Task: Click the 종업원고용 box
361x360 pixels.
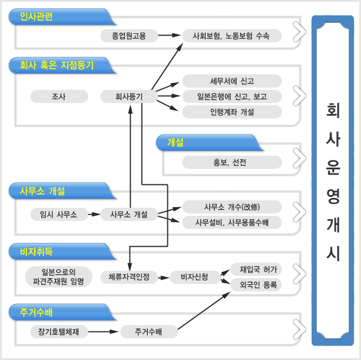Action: pos(129,35)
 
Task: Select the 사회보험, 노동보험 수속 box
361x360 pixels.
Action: pos(232,35)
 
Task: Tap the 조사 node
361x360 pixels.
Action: pos(59,96)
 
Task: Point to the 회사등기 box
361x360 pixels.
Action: pos(129,96)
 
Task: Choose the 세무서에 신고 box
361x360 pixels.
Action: pos(232,81)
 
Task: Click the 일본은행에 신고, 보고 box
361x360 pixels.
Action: pos(232,96)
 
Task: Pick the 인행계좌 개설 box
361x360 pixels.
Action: pos(232,112)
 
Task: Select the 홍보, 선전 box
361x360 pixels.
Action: pos(232,163)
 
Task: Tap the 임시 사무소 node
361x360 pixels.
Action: pos(59,214)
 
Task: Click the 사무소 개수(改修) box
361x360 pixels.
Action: pos(232,207)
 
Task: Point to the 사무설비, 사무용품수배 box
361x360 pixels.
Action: pos(232,222)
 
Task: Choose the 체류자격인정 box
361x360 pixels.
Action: pos(129,277)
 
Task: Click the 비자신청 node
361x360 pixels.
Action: pos(195,277)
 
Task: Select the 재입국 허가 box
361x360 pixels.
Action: pos(256,269)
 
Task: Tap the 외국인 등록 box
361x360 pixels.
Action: pos(256,285)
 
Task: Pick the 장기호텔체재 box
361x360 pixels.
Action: pos(59,331)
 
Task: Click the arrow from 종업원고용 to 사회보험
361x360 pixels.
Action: pos(170,35)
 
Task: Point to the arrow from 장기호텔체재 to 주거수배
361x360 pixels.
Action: pos(104,331)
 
